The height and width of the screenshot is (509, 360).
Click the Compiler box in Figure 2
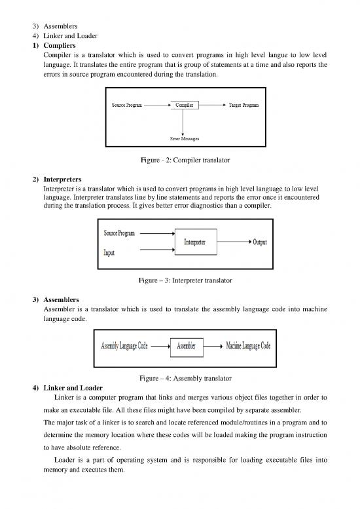(x=183, y=105)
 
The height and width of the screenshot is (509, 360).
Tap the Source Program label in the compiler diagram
(x=124, y=105)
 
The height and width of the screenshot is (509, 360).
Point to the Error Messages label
(x=183, y=139)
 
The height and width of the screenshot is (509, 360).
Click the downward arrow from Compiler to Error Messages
(x=183, y=122)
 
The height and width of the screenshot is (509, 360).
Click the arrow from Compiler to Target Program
(x=212, y=105)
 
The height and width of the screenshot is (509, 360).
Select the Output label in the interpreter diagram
(x=259, y=242)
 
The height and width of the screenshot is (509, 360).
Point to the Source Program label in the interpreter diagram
(x=120, y=233)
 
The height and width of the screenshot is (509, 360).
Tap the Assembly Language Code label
(x=124, y=345)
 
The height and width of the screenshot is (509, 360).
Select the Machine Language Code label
(x=248, y=345)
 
